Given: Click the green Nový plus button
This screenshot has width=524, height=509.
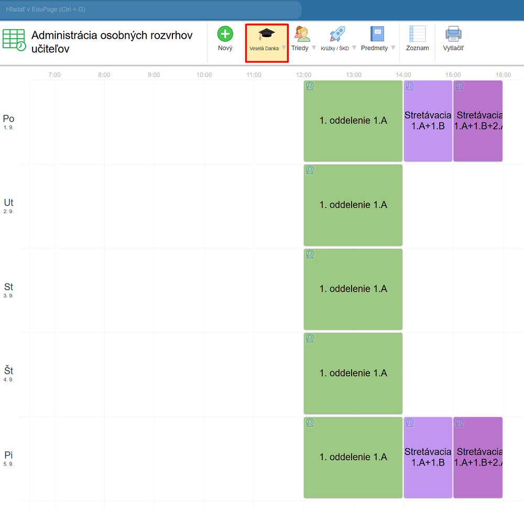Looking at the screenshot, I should [225, 35].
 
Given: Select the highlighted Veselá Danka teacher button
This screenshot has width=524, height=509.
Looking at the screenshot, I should [266, 39].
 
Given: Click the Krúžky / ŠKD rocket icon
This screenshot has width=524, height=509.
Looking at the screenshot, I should [337, 35].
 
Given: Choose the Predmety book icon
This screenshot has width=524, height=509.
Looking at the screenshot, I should [377, 35].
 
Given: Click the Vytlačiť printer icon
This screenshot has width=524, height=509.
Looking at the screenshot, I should [453, 35].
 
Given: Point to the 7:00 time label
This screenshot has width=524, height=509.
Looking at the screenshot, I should [54, 75].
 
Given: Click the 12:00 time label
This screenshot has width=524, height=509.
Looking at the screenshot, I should [304, 75].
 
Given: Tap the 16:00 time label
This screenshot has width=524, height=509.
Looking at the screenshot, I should [503, 75].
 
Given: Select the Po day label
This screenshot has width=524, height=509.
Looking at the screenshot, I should [8, 119].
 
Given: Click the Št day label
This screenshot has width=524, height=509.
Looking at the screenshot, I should [8, 372].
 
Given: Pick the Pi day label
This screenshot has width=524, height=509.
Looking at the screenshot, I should [8, 456].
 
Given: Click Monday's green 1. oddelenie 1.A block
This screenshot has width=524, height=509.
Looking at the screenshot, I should [353, 121].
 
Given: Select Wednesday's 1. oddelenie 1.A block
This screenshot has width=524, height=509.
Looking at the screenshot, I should [353, 289].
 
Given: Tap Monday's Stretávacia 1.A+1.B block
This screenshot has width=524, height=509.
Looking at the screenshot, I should [428, 121].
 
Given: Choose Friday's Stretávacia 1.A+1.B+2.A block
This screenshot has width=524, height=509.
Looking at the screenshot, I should [478, 457].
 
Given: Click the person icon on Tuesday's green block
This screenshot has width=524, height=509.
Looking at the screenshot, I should [310, 170].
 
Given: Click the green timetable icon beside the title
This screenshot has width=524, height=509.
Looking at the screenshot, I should [14, 40].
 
